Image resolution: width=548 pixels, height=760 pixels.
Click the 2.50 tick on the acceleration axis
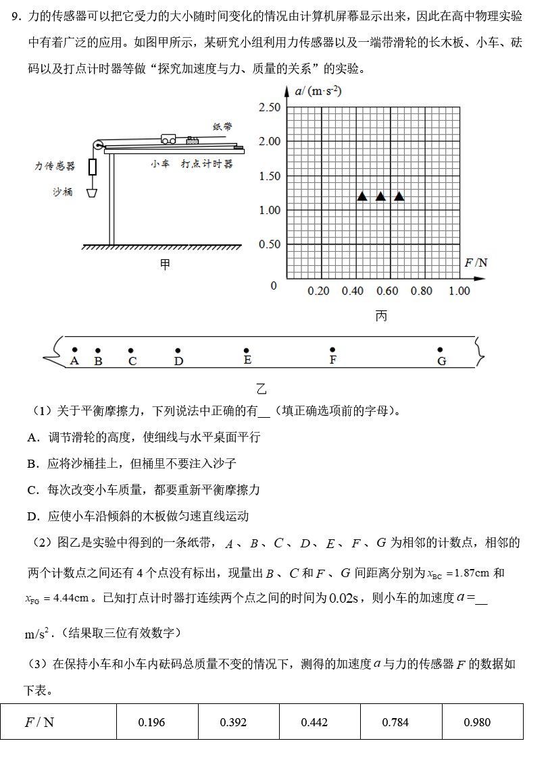pos(269,107)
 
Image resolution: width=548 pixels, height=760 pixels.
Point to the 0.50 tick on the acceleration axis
pos(269,244)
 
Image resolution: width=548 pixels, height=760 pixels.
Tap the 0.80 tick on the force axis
pos(422,291)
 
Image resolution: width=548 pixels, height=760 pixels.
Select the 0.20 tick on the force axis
pos(318,291)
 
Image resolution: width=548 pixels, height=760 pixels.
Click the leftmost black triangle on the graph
pos(362,196)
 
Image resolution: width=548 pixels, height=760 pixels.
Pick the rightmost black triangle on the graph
pos(399,196)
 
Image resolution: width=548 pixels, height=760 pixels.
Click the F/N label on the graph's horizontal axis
pos(476,263)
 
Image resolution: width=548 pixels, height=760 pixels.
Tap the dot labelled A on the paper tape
pos(75,350)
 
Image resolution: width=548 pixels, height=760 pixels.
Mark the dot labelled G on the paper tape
pos(440,350)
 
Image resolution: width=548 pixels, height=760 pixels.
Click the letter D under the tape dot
pos(178,362)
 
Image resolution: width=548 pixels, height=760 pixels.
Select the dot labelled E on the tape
pos(247,350)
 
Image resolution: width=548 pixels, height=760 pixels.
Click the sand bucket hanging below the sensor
pos(91,192)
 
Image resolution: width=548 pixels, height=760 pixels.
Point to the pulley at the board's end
pos(99,144)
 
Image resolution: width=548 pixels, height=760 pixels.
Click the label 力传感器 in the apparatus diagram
pos(55,166)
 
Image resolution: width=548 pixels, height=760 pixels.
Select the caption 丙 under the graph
pos(381,316)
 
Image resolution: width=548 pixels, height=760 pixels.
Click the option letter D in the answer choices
pos(32,516)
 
